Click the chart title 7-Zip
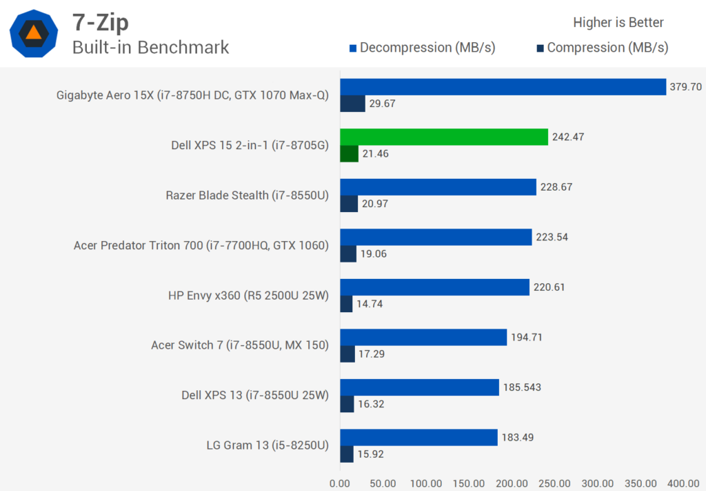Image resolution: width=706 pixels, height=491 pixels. (101, 22)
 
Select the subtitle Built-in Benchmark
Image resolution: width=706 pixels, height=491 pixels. (150, 47)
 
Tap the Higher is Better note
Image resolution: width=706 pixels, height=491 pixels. (618, 22)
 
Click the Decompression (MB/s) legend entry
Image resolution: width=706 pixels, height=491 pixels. (422, 48)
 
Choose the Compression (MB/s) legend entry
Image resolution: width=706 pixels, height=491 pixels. (602, 48)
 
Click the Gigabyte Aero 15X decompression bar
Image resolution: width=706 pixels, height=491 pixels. (503, 86)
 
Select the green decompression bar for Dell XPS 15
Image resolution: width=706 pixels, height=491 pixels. (443, 137)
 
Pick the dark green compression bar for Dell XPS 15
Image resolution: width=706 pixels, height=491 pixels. (349, 153)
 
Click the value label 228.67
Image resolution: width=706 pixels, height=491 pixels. (557, 187)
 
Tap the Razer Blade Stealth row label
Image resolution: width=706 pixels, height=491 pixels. (248, 195)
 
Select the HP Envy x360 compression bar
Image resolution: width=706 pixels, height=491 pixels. (346, 304)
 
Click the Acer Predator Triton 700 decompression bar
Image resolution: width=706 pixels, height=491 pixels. (436, 237)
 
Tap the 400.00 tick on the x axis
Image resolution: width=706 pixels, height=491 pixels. (683, 483)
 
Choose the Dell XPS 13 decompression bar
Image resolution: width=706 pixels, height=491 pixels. (419, 387)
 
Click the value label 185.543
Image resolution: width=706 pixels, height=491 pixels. (523, 387)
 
